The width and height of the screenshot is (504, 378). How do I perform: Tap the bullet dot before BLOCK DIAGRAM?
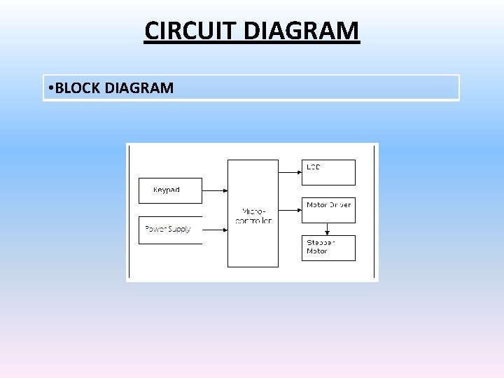52,88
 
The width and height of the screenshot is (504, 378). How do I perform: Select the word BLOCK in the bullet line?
78,88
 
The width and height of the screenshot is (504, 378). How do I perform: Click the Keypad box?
170,190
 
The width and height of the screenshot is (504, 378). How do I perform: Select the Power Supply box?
170,230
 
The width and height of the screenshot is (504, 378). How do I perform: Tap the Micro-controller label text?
253,216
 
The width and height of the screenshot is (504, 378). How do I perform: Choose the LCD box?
328,172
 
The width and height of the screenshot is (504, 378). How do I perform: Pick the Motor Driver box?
328,210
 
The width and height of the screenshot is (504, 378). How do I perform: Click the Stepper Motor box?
328,248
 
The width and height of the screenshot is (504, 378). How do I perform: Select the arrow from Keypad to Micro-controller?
215,190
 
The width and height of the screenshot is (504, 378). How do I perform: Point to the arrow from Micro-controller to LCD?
290,170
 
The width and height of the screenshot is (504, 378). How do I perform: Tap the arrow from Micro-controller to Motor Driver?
290,207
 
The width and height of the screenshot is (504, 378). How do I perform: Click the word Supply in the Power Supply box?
179,230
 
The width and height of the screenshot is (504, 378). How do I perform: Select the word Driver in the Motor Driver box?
339,204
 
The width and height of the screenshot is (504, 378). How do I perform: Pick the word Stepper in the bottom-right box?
321,242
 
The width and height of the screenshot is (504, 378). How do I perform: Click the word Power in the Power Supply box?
155,229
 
